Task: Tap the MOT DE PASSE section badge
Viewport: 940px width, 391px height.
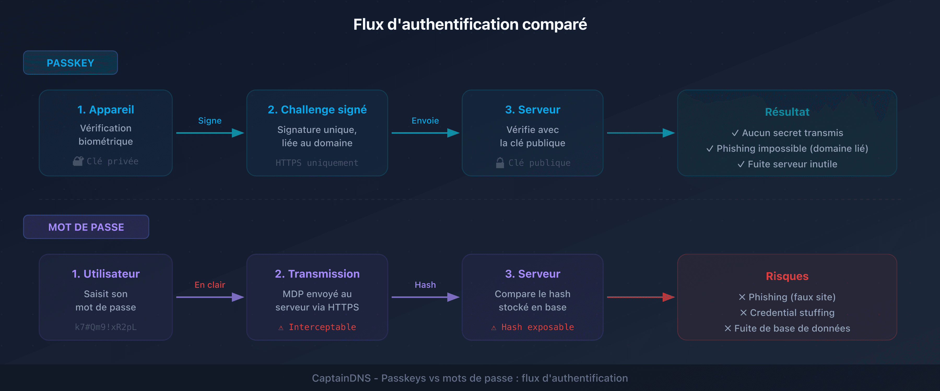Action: [x=86, y=227]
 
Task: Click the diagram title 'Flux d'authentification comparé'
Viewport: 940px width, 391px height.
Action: [x=470, y=25]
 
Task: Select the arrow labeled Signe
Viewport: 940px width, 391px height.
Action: [x=210, y=133]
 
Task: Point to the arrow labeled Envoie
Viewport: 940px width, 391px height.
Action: [x=425, y=133]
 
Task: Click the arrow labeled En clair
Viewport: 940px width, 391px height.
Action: [x=210, y=297]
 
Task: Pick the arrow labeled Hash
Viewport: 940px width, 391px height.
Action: [x=425, y=297]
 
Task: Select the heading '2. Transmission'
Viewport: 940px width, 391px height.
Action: [x=317, y=274]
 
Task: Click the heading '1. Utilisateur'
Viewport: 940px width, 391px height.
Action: [x=106, y=274]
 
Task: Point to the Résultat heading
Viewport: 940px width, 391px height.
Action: [x=787, y=112]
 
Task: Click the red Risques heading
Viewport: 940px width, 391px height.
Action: [x=787, y=276]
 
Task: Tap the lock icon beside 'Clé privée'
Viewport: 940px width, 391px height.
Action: [x=78, y=161]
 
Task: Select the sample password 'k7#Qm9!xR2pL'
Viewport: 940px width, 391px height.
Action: [x=106, y=327]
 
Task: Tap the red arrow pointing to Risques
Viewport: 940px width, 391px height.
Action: [x=641, y=297]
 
